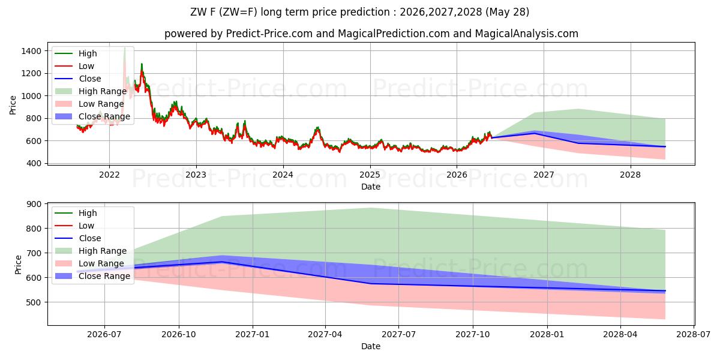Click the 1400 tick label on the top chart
point(31,51)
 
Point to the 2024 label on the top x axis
point(283,175)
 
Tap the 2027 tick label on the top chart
point(544,175)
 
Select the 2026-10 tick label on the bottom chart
point(179,335)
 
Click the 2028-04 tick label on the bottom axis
point(620,335)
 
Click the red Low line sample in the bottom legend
point(64,226)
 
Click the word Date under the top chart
point(371,187)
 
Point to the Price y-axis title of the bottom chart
point(18,265)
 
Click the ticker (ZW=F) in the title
point(239,12)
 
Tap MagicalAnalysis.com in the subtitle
point(527,34)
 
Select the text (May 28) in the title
point(507,12)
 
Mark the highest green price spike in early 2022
point(125,48)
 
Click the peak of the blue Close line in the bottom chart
point(222,262)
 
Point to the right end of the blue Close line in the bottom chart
point(665,290)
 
